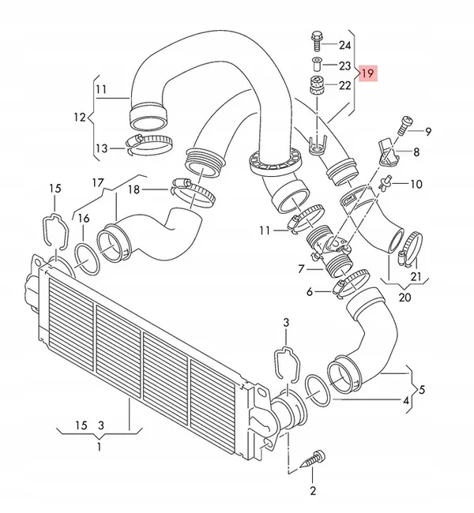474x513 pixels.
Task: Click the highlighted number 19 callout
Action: pos(367,73)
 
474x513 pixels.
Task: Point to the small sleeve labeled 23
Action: pos(315,64)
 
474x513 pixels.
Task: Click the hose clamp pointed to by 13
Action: pos(149,143)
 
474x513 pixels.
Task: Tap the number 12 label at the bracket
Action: pos(79,118)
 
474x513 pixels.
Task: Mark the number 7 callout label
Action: pos(301,269)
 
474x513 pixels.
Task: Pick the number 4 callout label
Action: pos(406,401)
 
